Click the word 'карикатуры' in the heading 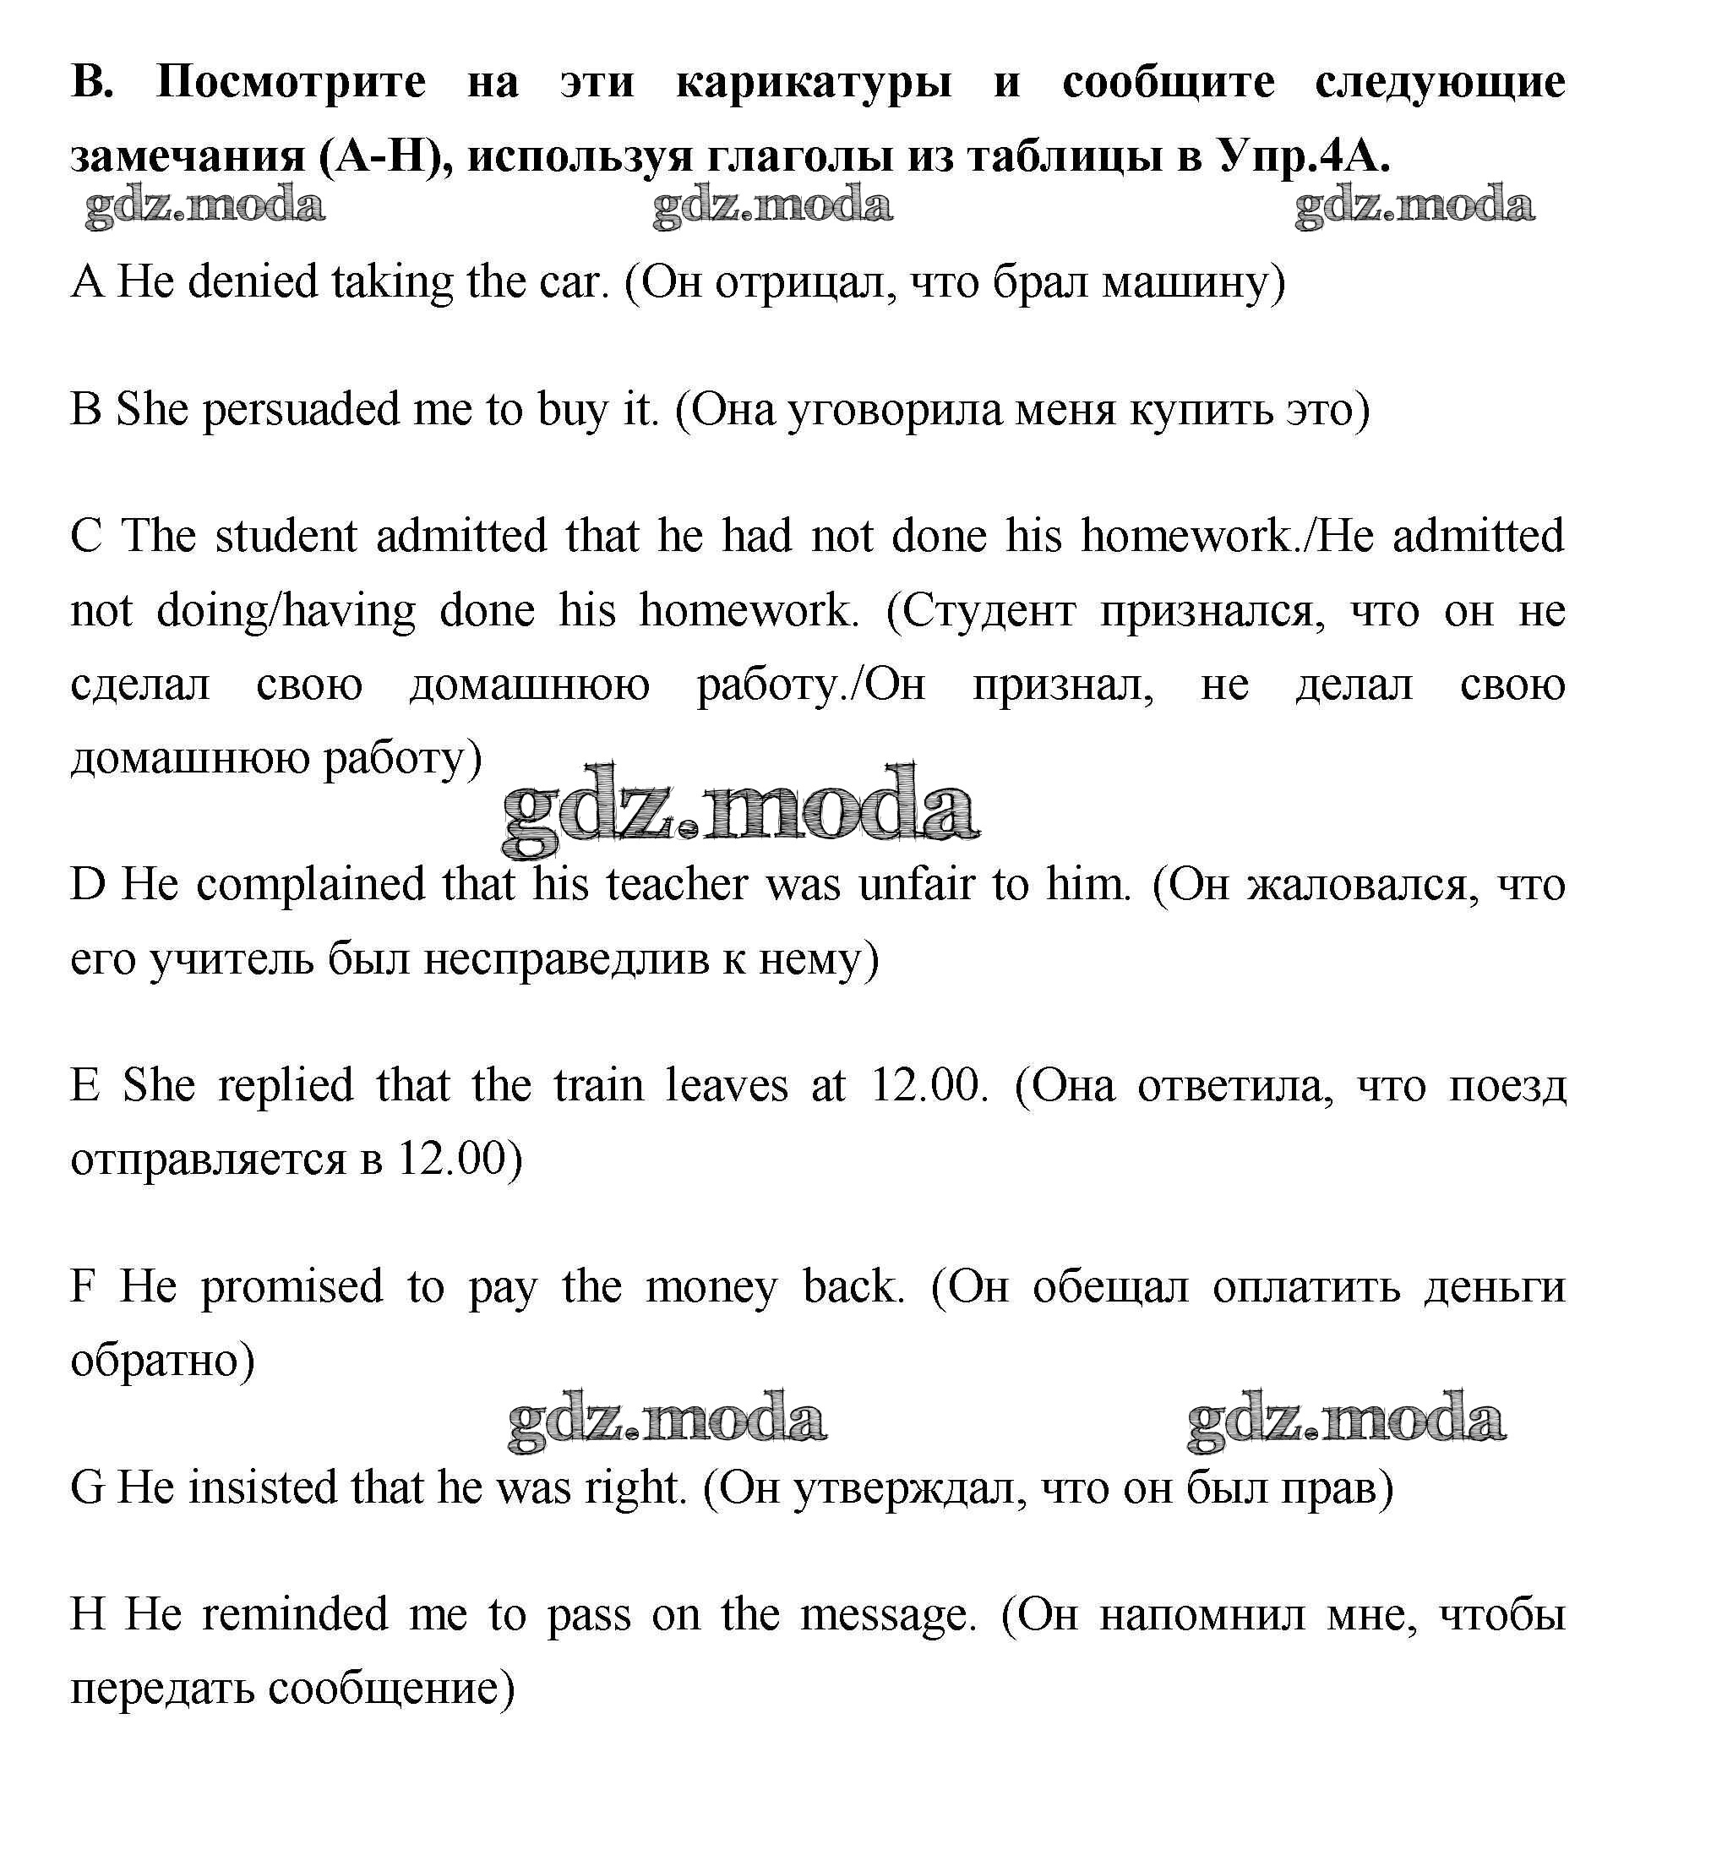click(x=814, y=84)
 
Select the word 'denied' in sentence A click(x=253, y=281)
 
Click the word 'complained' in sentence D click(x=310, y=884)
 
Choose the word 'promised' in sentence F click(x=292, y=1287)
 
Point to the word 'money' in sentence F click(x=711, y=1287)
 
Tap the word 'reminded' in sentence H click(x=295, y=1615)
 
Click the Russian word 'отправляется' click(x=208, y=1160)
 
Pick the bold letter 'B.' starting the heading click(x=92, y=84)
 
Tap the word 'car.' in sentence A click(x=574, y=281)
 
